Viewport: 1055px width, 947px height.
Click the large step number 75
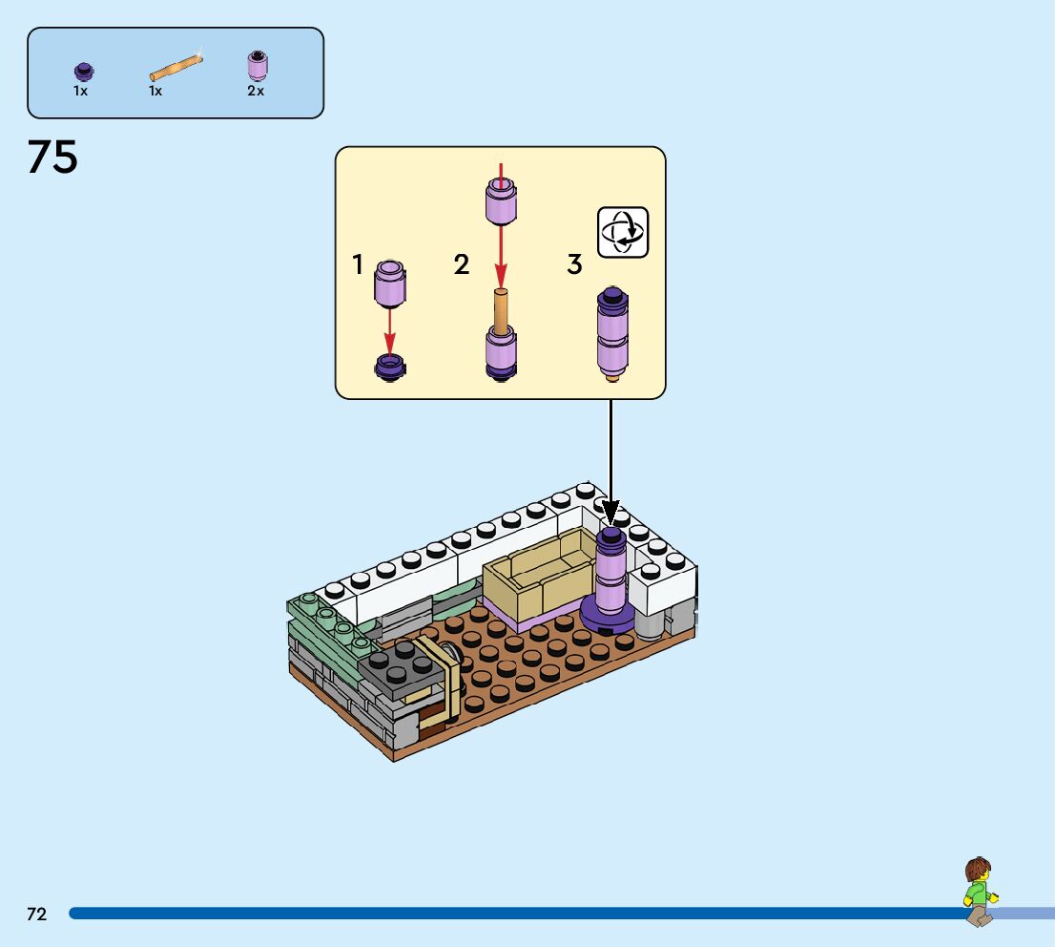coord(52,158)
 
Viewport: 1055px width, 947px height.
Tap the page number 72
coord(36,914)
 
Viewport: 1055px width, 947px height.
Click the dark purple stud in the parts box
coord(83,71)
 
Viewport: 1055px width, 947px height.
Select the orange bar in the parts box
coord(176,68)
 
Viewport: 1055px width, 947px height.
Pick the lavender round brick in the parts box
coord(257,65)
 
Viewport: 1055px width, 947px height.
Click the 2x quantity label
coord(256,92)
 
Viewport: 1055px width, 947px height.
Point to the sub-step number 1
coord(359,264)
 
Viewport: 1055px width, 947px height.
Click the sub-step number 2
coord(462,264)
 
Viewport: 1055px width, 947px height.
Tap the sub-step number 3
coord(574,264)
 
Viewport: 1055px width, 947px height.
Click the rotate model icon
coord(623,232)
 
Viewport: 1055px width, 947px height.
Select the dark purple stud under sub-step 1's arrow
coord(389,366)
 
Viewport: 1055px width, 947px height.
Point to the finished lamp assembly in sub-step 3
coord(611,332)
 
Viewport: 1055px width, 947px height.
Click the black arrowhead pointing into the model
coord(610,513)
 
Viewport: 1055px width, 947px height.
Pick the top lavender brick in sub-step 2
coord(501,202)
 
